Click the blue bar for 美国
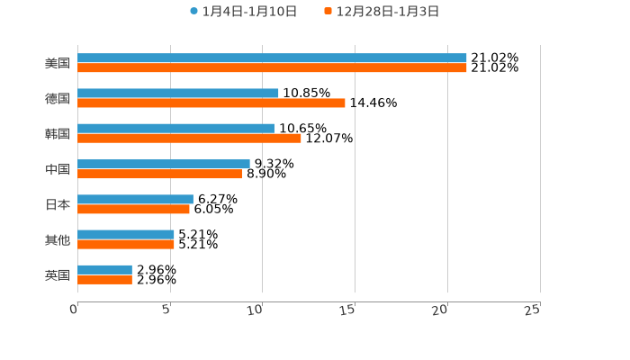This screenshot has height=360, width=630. pyautogui.click(x=272, y=58)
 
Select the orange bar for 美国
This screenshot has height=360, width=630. pyautogui.click(x=272, y=68)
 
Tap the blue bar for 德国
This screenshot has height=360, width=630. pyautogui.click(x=178, y=94)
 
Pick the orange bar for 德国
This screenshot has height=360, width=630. pyautogui.click(x=211, y=103)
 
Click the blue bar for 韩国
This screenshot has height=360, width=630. pyautogui.click(x=175, y=129)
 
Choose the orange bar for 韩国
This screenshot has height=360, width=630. pyautogui.click(x=189, y=139)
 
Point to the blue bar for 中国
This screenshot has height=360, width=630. pyautogui.click(x=164, y=164)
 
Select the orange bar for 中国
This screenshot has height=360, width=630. pyautogui.click(x=159, y=174)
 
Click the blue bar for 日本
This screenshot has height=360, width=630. pyautogui.click(x=135, y=200)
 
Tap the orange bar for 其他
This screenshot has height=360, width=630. pyautogui.click(x=126, y=245)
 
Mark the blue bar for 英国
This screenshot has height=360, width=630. pyautogui.click(x=104, y=270)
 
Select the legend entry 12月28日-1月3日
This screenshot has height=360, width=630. pyautogui.click(x=388, y=12)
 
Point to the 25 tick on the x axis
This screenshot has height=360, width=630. pyautogui.click(x=533, y=310)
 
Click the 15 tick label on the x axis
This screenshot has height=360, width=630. pyautogui.click(x=348, y=310)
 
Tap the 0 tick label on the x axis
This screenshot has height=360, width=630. pyautogui.click(x=74, y=310)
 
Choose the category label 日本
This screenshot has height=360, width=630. pyautogui.click(x=58, y=204)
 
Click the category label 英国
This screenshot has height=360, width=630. pyautogui.click(x=58, y=275)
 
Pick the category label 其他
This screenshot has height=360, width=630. pyautogui.click(x=58, y=240)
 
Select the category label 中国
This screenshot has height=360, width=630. pyautogui.click(x=58, y=169)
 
